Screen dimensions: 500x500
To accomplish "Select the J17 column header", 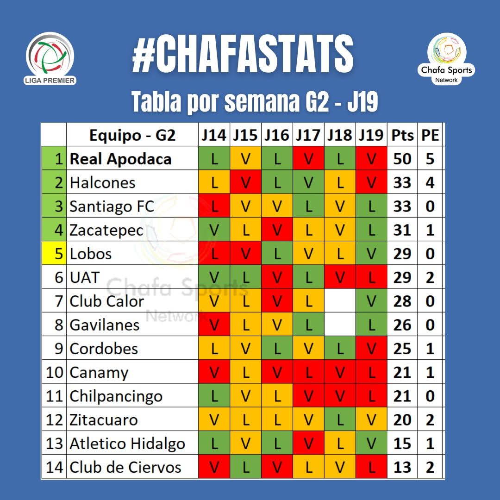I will (x=308, y=135).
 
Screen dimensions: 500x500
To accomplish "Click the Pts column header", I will (x=402, y=135).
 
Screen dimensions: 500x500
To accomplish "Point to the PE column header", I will (x=430, y=135).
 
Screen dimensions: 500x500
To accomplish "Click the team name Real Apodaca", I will (x=120, y=159).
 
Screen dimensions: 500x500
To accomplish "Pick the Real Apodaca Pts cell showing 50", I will (x=402, y=159).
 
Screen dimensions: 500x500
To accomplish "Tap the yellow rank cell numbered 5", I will (x=54, y=254).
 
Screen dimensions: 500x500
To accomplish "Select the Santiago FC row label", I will (x=112, y=206).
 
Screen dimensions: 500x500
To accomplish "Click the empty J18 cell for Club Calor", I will (x=340, y=301).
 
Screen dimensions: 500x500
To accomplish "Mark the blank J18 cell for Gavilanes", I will (x=340, y=325).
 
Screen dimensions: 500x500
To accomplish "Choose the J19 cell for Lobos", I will (x=371, y=254).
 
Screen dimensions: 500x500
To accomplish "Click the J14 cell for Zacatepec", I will (x=214, y=230).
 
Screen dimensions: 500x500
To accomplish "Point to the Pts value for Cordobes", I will (x=402, y=349).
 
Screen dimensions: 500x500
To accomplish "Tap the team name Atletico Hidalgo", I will (x=127, y=444).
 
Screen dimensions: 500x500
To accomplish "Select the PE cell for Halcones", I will (x=430, y=182).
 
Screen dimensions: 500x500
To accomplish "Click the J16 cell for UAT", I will (x=277, y=277).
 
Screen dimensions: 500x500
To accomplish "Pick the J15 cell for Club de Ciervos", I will (x=245, y=467).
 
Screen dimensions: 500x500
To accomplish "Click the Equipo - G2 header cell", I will (x=132, y=135).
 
